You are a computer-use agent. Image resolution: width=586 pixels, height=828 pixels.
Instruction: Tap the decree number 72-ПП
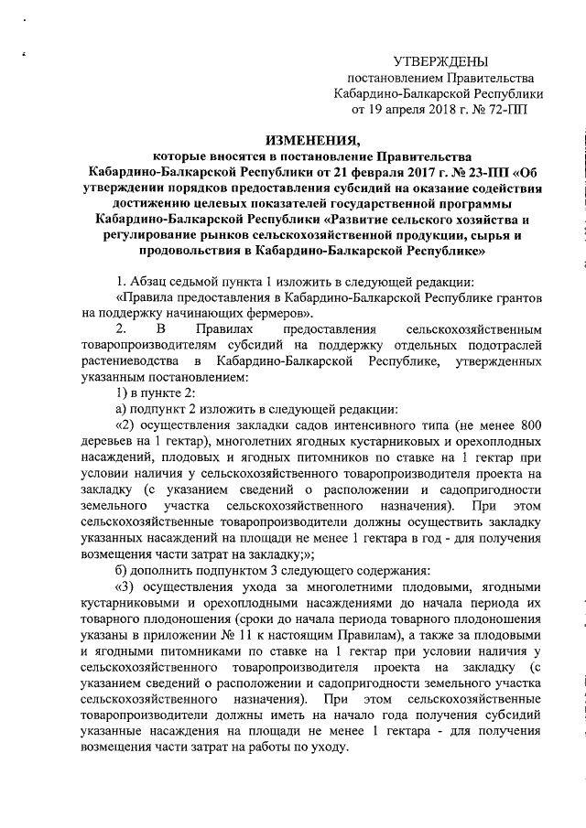506,109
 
